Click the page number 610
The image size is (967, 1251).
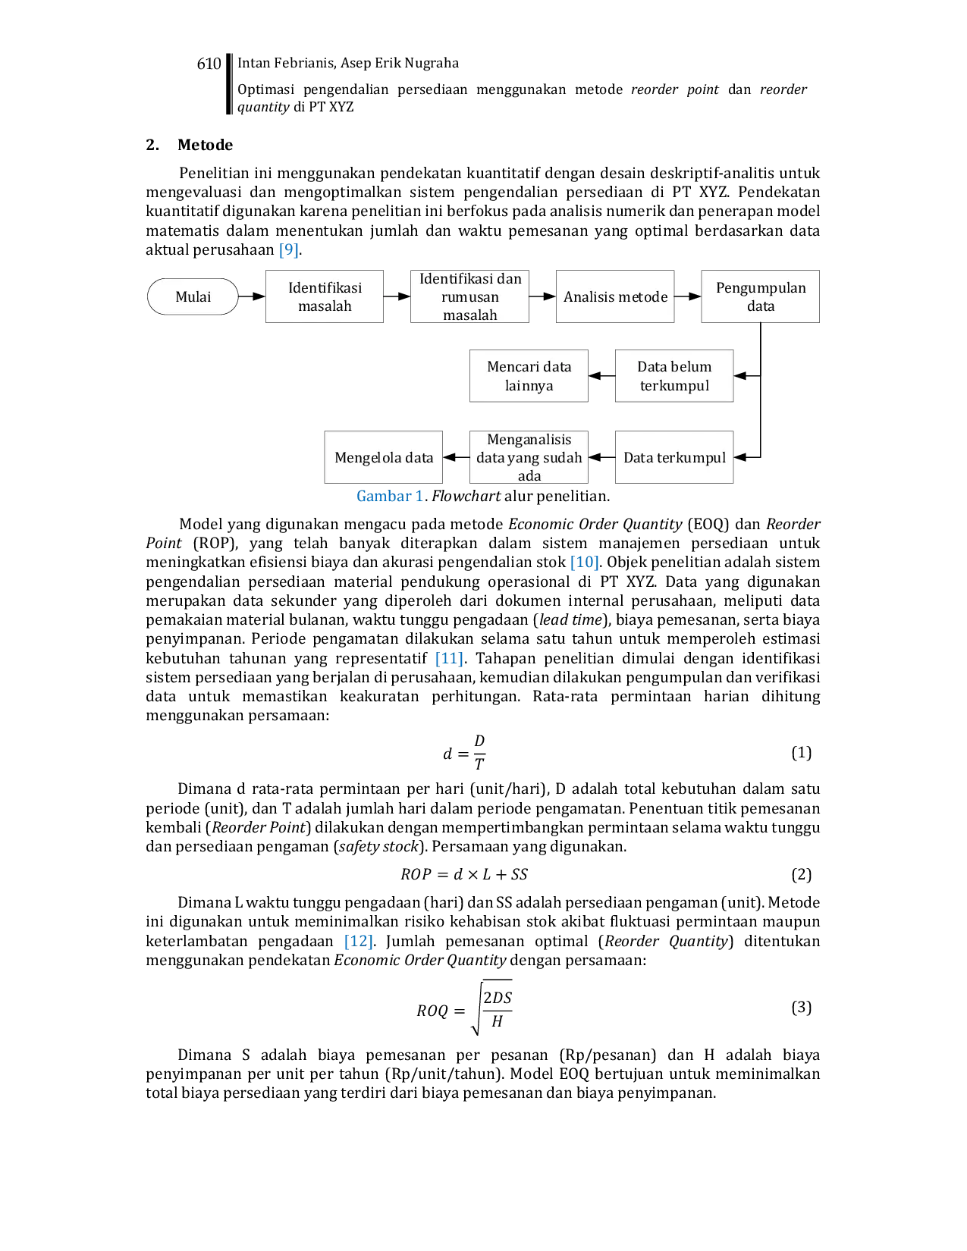pyautogui.click(x=209, y=64)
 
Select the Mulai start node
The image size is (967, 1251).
pyautogui.click(x=193, y=296)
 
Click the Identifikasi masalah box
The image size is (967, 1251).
pyautogui.click(x=325, y=296)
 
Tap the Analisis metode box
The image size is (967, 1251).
pyautogui.click(x=615, y=296)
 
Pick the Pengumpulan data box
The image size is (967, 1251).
pyautogui.click(x=760, y=296)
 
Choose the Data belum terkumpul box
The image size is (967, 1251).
pyautogui.click(x=673, y=376)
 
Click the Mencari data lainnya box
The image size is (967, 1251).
pyautogui.click(x=529, y=376)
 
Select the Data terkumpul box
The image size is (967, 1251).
pyautogui.click(x=673, y=457)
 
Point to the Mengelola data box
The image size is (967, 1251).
pyautogui.click(x=384, y=457)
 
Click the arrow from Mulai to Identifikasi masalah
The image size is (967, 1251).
pyautogui.click(x=252, y=296)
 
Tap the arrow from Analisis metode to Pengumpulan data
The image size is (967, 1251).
pyautogui.click(x=688, y=296)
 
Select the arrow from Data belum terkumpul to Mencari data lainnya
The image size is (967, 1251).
pyautogui.click(x=602, y=376)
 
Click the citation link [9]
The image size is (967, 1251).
pyautogui.click(x=288, y=250)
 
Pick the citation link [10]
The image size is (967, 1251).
pyautogui.click(x=584, y=562)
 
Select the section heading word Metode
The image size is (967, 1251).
pyautogui.click(x=205, y=145)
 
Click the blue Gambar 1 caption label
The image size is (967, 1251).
pyautogui.click(x=390, y=497)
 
